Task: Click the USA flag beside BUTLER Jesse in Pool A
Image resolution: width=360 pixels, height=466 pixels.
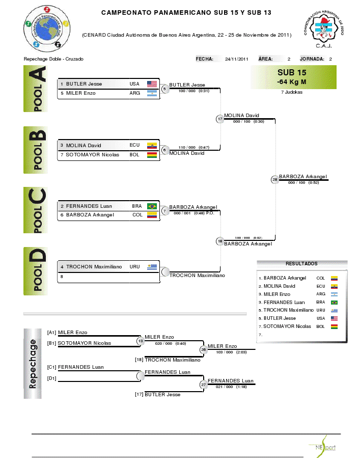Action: pyautogui.click(x=152, y=84)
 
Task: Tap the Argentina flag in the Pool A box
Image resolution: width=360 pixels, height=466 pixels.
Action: pyautogui.click(x=152, y=93)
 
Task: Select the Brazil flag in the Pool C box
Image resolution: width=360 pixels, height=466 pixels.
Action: pyautogui.click(x=152, y=206)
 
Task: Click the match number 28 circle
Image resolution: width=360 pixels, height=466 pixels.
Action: pyautogui.click(x=275, y=179)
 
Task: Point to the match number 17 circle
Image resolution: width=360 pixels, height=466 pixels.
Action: pyautogui.click(x=220, y=119)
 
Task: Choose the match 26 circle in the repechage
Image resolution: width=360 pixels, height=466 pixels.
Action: pyautogui.click(x=204, y=349)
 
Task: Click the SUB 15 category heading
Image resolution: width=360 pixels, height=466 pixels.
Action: pyautogui.click(x=292, y=73)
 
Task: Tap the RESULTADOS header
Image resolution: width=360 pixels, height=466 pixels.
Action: pyautogui.click(x=301, y=264)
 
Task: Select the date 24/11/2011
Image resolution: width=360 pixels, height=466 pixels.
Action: pyautogui.click(x=236, y=59)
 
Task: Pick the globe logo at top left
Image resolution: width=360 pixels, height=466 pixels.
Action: pyautogui.click(x=47, y=28)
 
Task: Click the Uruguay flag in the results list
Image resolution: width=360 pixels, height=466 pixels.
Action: pyautogui.click(x=335, y=310)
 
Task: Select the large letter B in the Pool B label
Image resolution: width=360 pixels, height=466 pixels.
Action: pyautogui.click(x=39, y=136)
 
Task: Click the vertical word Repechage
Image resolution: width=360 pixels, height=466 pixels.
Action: pyautogui.click(x=33, y=364)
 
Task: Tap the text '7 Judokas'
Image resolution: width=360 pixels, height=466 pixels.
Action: pyautogui.click(x=292, y=92)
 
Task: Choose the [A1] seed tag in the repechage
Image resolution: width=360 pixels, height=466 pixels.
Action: pyautogui.click(x=51, y=333)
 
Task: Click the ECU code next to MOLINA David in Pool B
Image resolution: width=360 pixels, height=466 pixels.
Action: pyautogui.click(x=134, y=145)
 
